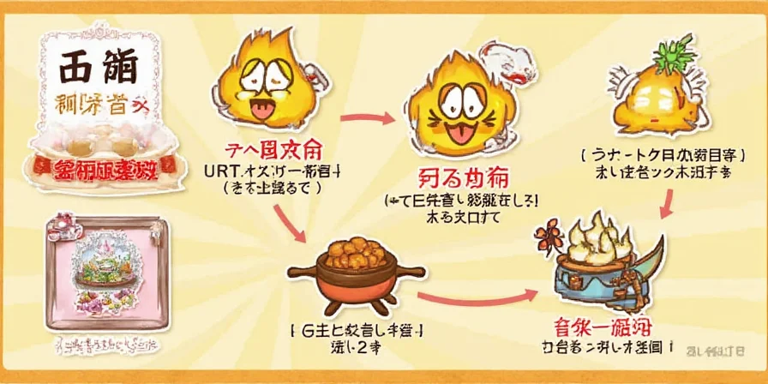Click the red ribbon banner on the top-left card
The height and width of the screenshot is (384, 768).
click(x=99, y=166)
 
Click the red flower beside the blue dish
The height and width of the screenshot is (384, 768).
click(x=549, y=233)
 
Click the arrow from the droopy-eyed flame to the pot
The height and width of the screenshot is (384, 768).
click(x=291, y=219)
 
